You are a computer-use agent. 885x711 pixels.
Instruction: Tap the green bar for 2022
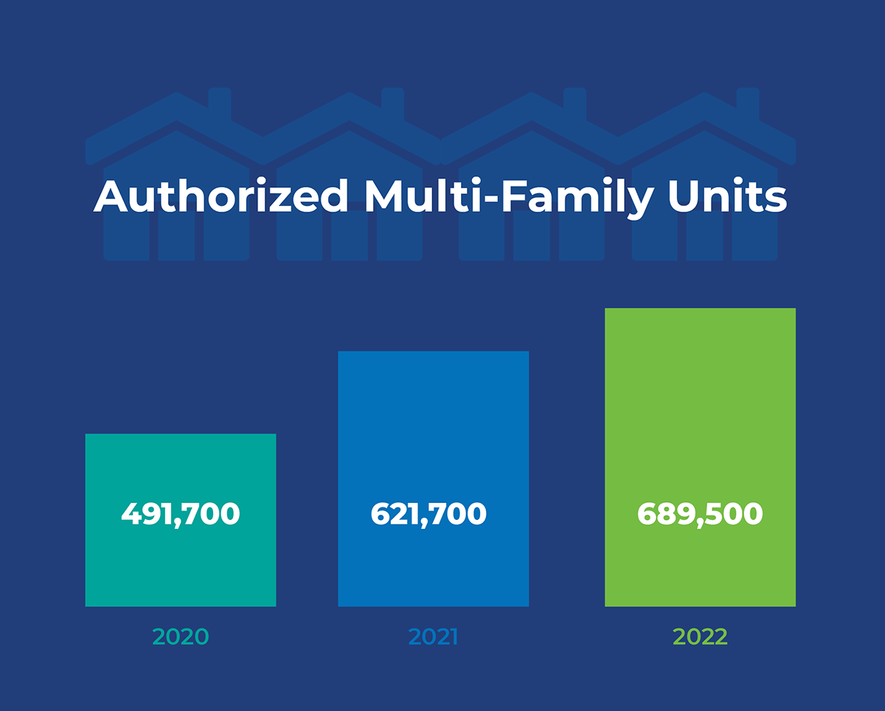click(x=700, y=398)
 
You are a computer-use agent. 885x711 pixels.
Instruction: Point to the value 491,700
click(x=181, y=514)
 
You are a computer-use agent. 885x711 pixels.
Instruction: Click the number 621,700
click(x=428, y=514)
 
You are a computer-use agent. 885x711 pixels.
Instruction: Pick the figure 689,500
click(x=700, y=514)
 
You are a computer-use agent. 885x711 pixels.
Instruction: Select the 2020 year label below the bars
click(x=181, y=637)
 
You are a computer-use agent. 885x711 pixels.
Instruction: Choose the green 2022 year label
click(x=700, y=637)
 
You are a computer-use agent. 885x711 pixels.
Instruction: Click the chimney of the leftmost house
click(x=220, y=103)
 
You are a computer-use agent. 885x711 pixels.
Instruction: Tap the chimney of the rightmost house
click(x=748, y=103)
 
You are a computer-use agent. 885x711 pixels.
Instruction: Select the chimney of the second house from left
click(x=392, y=103)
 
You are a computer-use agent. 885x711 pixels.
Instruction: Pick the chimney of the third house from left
click(x=574, y=103)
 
